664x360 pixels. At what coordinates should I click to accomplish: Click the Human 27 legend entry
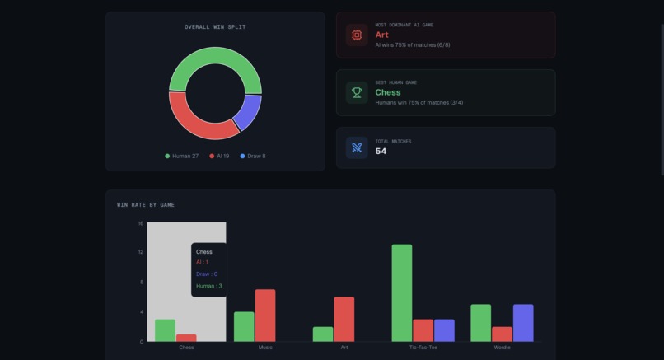pyautogui.click(x=182, y=156)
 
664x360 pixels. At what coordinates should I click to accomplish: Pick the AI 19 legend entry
pyautogui.click(x=219, y=156)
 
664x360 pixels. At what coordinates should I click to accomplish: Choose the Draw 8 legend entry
pyautogui.click(x=253, y=156)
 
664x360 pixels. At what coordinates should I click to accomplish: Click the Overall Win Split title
pyautogui.click(x=215, y=27)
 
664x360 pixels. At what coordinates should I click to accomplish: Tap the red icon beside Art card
pyautogui.click(x=357, y=35)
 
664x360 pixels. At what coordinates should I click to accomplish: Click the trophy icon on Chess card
pyautogui.click(x=357, y=92)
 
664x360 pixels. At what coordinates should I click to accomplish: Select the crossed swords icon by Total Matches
pyautogui.click(x=357, y=147)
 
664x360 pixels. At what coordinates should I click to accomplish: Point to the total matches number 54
pyautogui.click(x=381, y=152)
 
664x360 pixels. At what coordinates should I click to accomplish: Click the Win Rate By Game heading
pyautogui.click(x=146, y=204)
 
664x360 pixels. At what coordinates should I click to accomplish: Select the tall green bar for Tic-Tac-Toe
pyautogui.click(x=402, y=292)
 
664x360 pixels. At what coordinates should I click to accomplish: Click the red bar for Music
pyautogui.click(x=265, y=315)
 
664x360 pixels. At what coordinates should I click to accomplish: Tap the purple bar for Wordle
pyautogui.click(x=523, y=323)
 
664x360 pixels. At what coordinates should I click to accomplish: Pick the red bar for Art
pyautogui.click(x=344, y=319)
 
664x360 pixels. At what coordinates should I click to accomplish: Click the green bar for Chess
pyautogui.click(x=165, y=330)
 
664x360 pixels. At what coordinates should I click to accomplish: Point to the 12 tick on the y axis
pyautogui.click(x=141, y=252)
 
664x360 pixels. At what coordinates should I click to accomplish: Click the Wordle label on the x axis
pyautogui.click(x=502, y=348)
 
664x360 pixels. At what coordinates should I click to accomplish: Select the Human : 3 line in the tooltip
pyautogui.click(x=209, y=286)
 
